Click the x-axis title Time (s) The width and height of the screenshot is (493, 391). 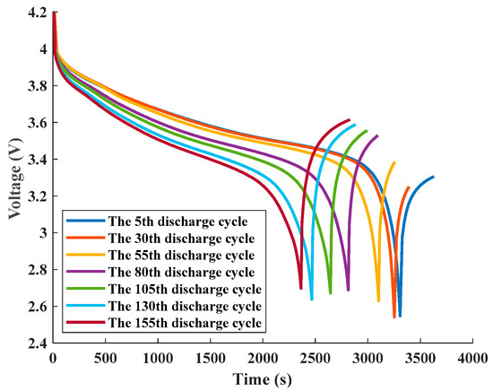(263, 380)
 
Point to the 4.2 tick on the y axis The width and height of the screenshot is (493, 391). (36, 13)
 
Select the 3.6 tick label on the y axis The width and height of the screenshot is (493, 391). (36, 123)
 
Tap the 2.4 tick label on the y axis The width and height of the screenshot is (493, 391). (36, 343)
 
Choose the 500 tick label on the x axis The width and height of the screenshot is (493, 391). (106, 359)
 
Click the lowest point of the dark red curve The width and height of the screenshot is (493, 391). (300, 288)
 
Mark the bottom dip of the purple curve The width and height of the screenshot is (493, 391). (348, 291)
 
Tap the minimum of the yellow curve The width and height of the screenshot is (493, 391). (378, 301)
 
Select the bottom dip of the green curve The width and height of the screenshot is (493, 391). (330, 292)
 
